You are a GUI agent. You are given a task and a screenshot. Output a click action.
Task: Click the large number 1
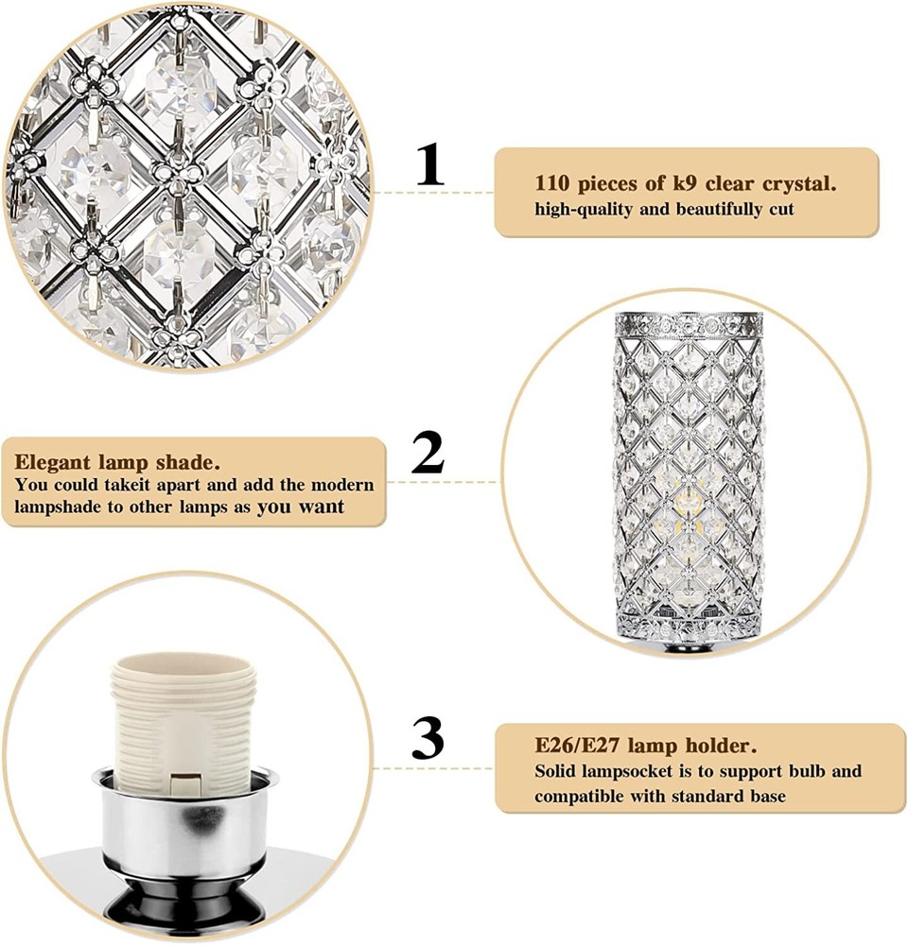[x=430, y=164]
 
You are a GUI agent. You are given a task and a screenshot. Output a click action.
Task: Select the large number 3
[x=428, y=738]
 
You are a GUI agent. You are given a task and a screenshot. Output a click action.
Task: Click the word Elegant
[x=52, y=463]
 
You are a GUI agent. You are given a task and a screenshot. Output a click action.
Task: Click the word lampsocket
[x=633, y=771]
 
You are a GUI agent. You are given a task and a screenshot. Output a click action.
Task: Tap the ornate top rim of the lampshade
[x=689, y=325]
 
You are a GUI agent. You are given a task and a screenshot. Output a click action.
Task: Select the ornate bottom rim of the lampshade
[x=689, y=628]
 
